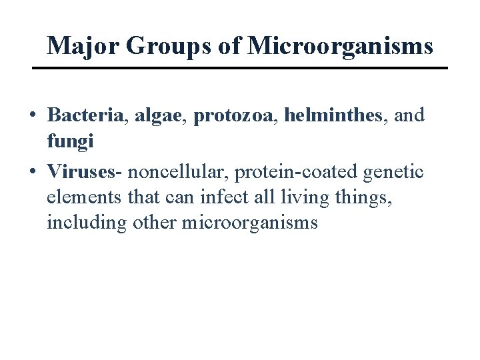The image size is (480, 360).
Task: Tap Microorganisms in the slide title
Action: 340,45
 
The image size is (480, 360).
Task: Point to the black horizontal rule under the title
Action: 240,68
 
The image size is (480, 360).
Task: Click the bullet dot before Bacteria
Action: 33,116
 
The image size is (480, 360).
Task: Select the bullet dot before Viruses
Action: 33,172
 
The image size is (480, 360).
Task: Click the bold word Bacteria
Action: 85,115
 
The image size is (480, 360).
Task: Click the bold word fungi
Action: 70,141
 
